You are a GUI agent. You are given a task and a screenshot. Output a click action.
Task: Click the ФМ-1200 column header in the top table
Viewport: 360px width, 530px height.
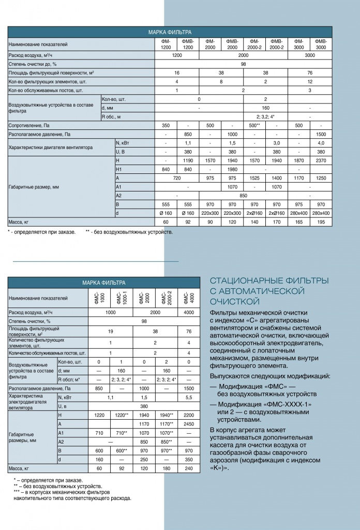click(166, 45)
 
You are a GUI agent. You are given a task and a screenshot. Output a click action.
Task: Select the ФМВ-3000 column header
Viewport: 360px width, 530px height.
click(321, 45)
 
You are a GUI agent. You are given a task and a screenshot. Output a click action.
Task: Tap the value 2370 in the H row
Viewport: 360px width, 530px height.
click(321, 160)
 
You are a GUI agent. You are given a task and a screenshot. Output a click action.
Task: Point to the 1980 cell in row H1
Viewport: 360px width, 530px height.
click(232, 169)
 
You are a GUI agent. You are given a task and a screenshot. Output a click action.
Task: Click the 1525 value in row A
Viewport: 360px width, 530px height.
click(254, 178)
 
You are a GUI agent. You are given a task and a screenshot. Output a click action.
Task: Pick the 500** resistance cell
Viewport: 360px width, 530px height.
click(254, 125)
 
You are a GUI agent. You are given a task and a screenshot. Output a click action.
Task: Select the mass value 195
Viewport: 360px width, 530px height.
click(321, 222)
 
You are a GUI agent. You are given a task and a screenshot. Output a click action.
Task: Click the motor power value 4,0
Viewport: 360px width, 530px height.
click(321, 143)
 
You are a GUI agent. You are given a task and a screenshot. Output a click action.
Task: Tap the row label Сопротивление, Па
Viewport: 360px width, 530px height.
click(28, 125)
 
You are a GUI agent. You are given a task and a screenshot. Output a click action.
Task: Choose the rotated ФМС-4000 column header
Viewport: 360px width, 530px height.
click(189, 298)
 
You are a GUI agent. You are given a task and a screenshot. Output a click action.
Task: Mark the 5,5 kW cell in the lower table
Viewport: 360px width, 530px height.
click(189, 397)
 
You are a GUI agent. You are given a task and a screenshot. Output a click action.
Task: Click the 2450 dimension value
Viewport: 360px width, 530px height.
click(189, 423)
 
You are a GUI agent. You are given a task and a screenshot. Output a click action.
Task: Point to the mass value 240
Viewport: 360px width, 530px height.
click(189, 468)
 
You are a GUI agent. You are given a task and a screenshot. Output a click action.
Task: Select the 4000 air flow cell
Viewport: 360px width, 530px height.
click(189, 312)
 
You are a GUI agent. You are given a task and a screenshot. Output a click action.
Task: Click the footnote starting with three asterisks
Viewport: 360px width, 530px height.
click(72, 495)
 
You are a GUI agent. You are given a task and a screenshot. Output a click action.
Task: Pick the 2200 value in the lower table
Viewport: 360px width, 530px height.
click(189, 415)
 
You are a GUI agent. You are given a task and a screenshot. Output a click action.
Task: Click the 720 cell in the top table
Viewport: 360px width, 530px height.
click(177, 178)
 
